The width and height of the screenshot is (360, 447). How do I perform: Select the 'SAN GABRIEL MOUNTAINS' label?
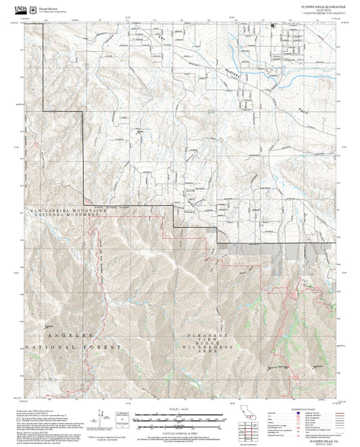tap(68, 210)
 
